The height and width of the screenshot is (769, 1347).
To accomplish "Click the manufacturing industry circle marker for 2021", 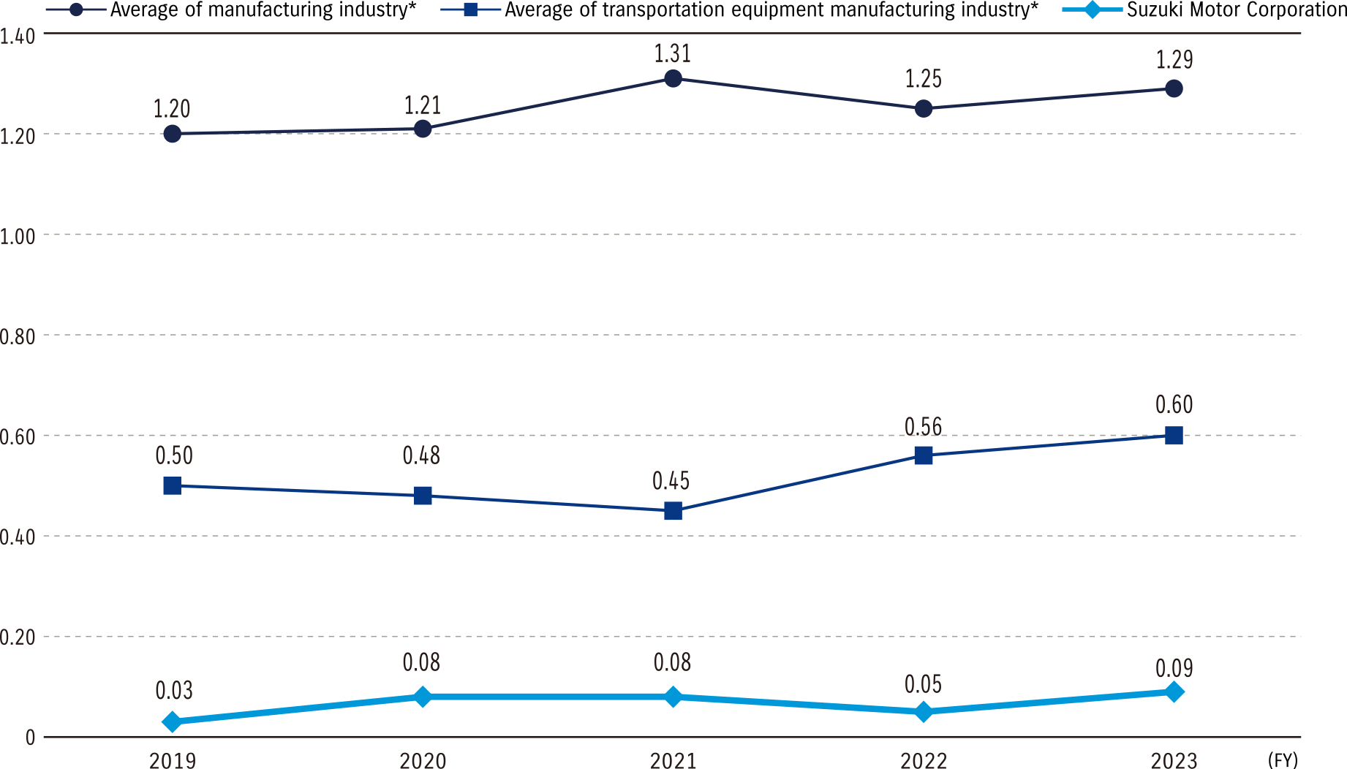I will pyautogui.click(x=673, y=78).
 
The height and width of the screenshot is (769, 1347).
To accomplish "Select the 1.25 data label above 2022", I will pyautogui.click(x=923, y=79).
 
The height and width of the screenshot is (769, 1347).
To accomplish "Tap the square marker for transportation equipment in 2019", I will pyautogui.click(x=173, y=485).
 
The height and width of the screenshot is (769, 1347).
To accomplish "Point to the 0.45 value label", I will pyautogui.click(x=671, y=481).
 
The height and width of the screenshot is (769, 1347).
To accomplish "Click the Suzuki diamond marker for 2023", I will pyautogui.click(x=1174, y=692).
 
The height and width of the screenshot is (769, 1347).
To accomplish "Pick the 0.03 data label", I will pyautogui.click(x=174, y=690).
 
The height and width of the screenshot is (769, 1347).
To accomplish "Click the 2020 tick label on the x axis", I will pyautogui.click(x=423, y=761).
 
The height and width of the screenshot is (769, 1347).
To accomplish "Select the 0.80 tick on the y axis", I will pyautogui.click(x=18, y=337).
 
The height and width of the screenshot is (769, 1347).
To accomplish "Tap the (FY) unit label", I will pyautogui.click(x=1283, y=759).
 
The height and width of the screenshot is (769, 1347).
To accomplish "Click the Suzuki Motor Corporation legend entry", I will pyautogui.click(x=1236, y=10).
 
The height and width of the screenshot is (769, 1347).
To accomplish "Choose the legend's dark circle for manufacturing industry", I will pyautogui.click(x=77, y=10).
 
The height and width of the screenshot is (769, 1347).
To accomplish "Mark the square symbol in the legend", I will pyautogui.click(x=470, y=10).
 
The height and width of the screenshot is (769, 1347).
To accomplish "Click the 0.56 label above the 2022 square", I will pyautogui.click(x=923, y=427).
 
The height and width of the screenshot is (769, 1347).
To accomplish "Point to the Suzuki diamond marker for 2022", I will pyautogui.click(x=924, y=711).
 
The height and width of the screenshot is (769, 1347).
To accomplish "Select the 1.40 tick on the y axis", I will pyautogui.click(x=18, y=36).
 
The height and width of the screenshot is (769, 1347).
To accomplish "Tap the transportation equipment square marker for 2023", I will pyautogui.click(x=1174, y=436).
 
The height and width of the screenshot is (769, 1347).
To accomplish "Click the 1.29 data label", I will pyautogui.click(x=1174, y=60).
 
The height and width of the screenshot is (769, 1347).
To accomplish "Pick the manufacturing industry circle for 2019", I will pyautogui.click(x=173, y=134).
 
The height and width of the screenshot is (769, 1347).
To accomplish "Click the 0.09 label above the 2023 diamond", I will pyautogui.click(x=1174, y=668).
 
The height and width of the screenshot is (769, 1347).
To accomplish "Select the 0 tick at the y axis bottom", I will pyautogui.click(x=30, y=738).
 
